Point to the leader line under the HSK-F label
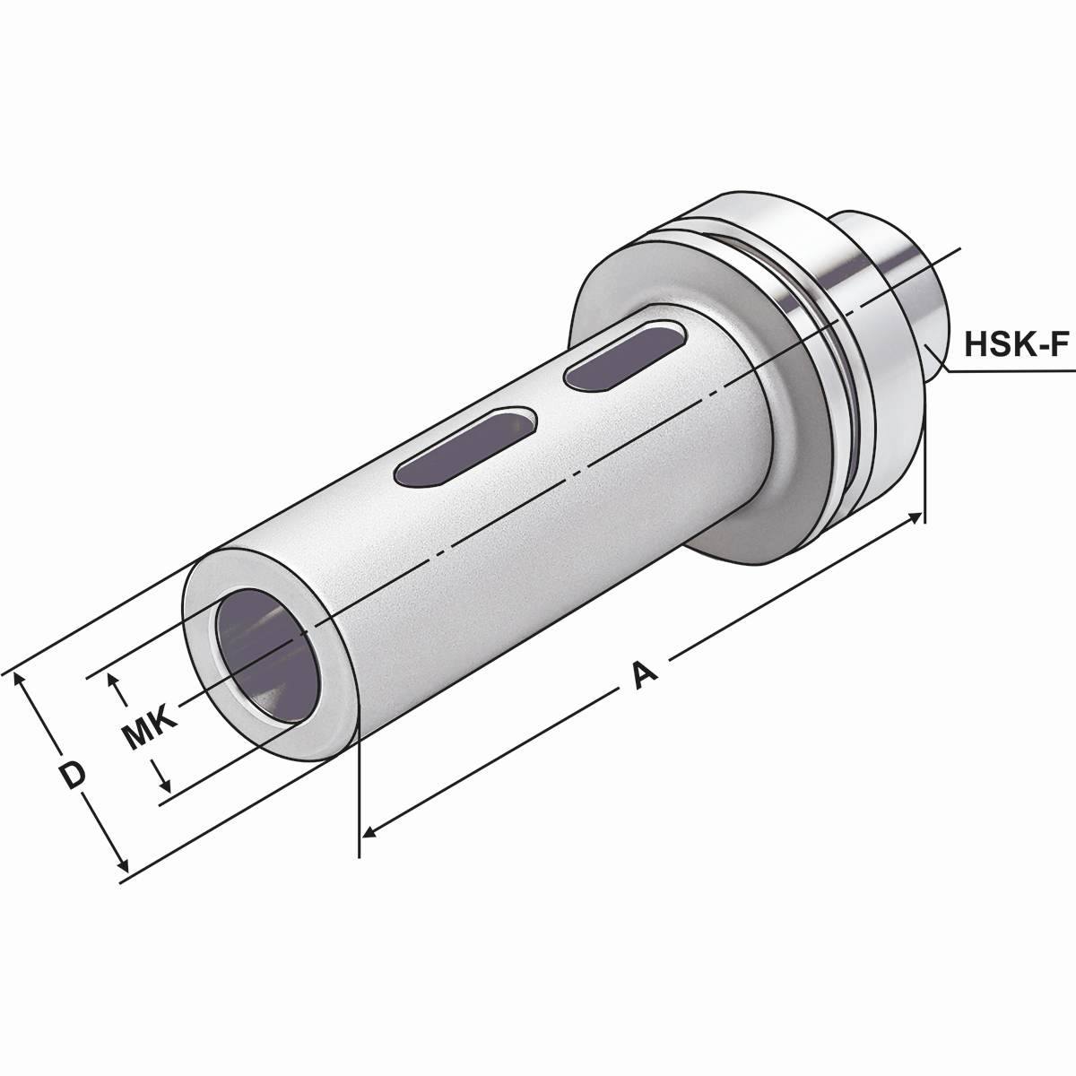(x=1004, y=370)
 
